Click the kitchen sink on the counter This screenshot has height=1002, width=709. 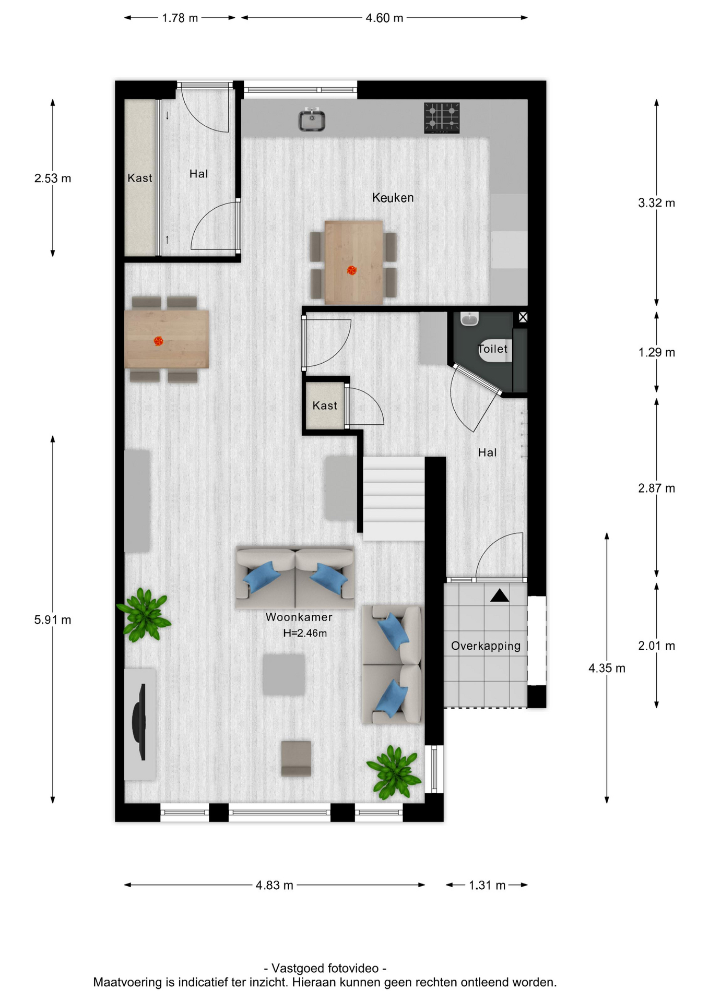tap(312, 120)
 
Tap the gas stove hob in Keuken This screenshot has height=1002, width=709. tap(442, 117)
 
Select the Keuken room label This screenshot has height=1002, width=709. tap(393, 198)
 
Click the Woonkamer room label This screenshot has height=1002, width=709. tap(299, 617)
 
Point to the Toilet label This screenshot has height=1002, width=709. tap(493, 349)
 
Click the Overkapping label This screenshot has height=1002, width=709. tap(486, 646)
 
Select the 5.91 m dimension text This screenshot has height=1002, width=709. tap(53, 620)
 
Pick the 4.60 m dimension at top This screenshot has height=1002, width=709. tap(384, 18)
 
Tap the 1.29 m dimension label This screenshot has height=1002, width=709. tap(656, 352)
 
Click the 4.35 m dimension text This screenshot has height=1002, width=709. tap(607, 668)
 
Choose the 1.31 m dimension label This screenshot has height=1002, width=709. tap(487, 885)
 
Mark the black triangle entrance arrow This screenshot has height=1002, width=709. tap(500, 595)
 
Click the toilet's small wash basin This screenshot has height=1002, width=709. tap(470, 319)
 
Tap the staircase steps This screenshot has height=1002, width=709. tap(394, 498)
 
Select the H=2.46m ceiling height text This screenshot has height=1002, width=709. tap(305, 633)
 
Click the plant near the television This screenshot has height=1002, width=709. tap(144, 615)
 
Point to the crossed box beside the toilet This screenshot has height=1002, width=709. tap(523, 317)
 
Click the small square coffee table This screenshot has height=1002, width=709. tap(283, 674)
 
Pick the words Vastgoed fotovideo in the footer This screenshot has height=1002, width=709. tap(325, 969)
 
